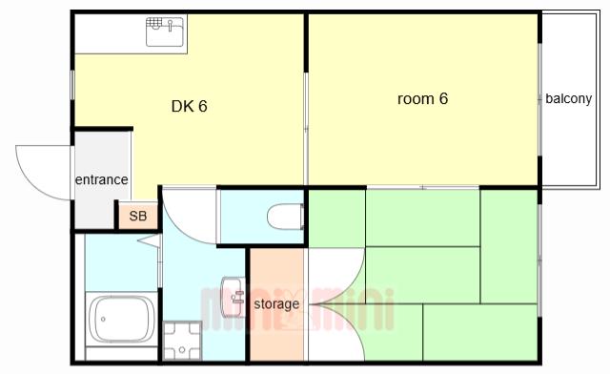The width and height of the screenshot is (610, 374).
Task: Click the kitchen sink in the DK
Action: click(x=165, y=31)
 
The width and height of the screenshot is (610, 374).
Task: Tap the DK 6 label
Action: click(x=189, y=106)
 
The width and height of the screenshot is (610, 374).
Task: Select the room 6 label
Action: click(x=422, y=98)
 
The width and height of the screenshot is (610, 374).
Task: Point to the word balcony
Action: click(x=568, y=98)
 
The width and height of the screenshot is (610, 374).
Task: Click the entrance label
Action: click(x=102, y=179)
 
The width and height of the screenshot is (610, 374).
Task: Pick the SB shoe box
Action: click(x=138, y=216)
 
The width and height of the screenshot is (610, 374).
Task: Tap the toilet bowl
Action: click(x=285, y=217)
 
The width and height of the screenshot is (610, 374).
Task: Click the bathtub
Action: click(x=121, y=319)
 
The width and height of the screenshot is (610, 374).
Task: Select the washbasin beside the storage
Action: click(x=233, y=297)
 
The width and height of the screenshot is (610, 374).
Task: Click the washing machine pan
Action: click(x=182, y=342)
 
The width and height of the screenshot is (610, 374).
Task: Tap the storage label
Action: click(x=276, y=303)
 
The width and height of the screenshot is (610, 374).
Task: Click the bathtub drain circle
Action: click(x=103, y=319)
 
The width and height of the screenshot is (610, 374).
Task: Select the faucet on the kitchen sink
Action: click(x=170, y=26)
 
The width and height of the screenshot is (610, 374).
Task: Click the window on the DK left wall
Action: click(x=72, y=84)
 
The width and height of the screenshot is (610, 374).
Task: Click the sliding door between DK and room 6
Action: click(x=306, y=129)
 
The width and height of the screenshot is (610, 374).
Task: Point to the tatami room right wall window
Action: click(x=539, y=260)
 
